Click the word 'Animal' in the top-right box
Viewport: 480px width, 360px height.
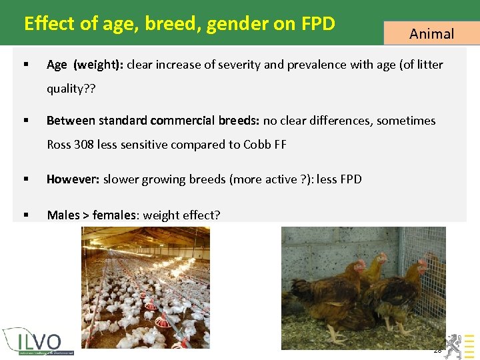pyautogui.click(x=431, y=33)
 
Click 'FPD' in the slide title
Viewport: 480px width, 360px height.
pyautogui.click(x=318, y=24)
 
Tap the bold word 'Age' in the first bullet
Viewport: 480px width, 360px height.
pyautogui.click(x=57, y=65)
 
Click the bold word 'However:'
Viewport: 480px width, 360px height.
pyautogui.click(x=73, y=179)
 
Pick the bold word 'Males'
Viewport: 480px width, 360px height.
pyautogui.click(x=63, y=215)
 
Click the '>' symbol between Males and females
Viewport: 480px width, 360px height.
pyautogui.click(x=86, y=215)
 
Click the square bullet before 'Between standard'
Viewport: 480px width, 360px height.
pyautogui.click(x=25, y=121)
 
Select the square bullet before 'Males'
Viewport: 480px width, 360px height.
pyautogui.click(x=25, y=215)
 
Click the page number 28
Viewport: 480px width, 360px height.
pyautogui.click(x=437, y=350)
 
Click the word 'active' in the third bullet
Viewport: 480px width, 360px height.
pyautogui.click(x=274, y=179)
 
